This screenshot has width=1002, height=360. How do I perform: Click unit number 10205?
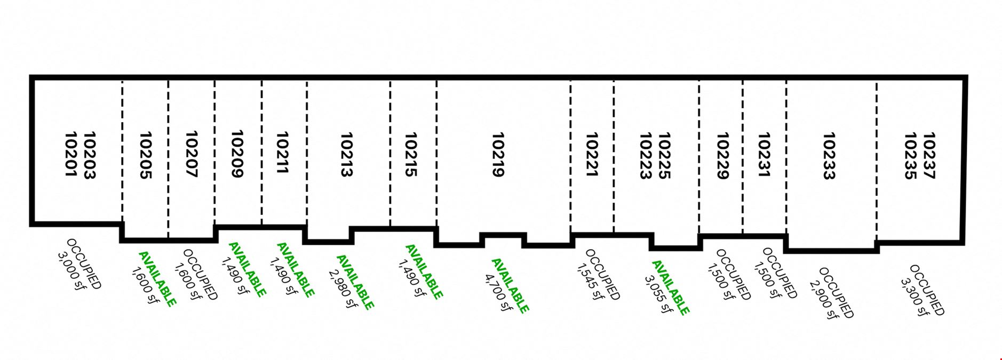coord(146,155)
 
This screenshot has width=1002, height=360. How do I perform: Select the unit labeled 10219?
coord(498,155)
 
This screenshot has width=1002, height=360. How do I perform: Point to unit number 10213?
coord(347,155)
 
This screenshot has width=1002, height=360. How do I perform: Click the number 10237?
coord(929,156)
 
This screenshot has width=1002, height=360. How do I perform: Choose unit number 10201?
coord(71,155)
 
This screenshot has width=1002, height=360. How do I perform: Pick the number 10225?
coord(664,156)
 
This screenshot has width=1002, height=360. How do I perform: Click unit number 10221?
coord(591,155)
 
